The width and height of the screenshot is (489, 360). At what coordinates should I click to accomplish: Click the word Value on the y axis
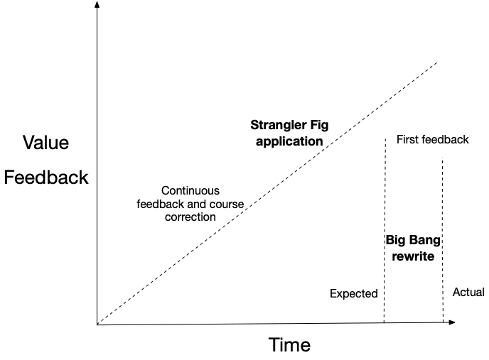point(46,143)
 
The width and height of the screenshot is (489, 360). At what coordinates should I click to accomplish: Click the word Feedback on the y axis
point(46,177)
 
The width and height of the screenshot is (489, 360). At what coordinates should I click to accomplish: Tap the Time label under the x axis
point(289,345)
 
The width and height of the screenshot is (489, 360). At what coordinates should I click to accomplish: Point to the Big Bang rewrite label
point(413,248)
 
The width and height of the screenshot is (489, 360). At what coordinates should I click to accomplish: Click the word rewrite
point(413,256)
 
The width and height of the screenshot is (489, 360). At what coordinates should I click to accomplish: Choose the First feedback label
point(432,139)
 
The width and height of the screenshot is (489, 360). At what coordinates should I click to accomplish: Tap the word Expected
point(353,293)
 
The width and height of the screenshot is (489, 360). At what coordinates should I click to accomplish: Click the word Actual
point(468,292)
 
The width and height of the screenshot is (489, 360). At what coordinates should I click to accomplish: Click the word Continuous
point(190,191)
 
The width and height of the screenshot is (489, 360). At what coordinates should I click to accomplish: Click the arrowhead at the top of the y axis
point(97,5)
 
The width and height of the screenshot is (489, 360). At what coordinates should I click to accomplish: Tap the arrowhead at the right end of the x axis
point(451,323)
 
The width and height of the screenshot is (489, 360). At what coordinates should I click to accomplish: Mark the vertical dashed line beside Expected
point(385,234)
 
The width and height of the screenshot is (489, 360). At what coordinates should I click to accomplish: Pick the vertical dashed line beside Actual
point(443,241)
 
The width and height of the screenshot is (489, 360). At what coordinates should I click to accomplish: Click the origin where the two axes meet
point(97,324)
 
